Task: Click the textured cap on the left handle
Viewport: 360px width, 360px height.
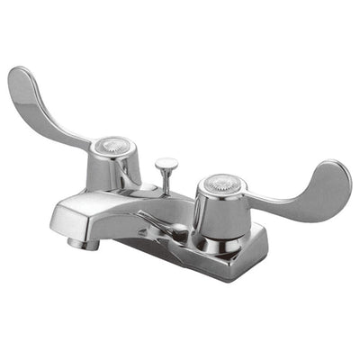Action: tap(112, 143)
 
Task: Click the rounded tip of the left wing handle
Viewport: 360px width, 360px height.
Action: tap(20, 81)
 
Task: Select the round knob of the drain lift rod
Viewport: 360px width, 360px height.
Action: tap(166, 165)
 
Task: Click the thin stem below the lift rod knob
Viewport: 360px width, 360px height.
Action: tap(166, 183)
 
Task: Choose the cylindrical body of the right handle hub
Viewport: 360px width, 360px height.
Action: tap(216, 214)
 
